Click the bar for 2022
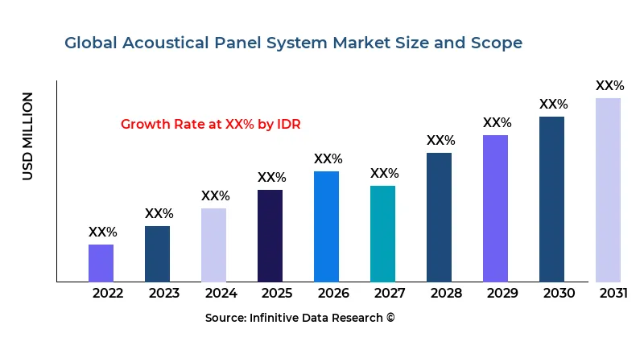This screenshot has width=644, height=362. point(101,263)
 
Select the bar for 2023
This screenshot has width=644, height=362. point(157,253)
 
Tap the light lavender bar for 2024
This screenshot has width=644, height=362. point(213,245)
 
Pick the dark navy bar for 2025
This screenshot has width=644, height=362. point(270,236)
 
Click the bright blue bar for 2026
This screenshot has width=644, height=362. point(326,227)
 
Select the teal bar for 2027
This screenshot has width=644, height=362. point(382,234)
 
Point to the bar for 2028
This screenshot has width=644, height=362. point(439,217)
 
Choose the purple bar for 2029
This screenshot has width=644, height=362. point(495,208)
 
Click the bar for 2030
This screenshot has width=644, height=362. point(551,200)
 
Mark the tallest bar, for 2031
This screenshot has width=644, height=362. point(608,190)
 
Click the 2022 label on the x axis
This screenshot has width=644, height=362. point(108,293)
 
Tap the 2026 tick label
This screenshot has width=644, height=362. point(333,293)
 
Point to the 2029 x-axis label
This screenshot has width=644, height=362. point(502,293)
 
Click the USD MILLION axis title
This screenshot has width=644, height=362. point(28,136)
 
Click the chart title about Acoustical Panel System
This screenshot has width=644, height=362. point(293,43)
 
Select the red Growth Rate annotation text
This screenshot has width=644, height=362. point(210,124)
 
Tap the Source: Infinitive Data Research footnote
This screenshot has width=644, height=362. point(300,318)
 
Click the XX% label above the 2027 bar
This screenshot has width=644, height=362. point(384,173)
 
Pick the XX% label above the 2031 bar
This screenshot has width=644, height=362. point(609,85)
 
